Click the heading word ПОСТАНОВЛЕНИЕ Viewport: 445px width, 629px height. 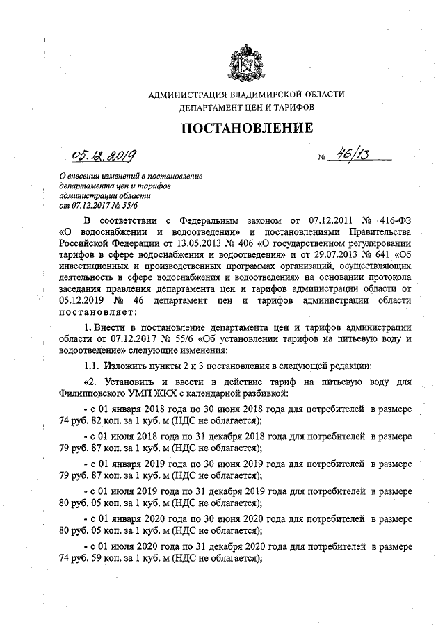247,129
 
